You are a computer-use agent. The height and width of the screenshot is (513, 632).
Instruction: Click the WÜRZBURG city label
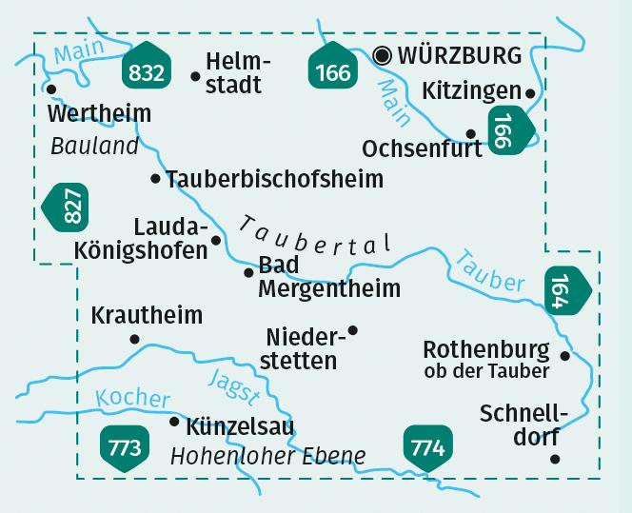[461, 55]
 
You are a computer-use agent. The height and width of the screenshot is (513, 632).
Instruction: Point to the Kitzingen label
[469, 90]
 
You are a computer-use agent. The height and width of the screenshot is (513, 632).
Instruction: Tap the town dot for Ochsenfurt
[470, 134]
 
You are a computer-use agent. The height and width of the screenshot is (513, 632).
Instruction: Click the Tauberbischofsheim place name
[274, 178]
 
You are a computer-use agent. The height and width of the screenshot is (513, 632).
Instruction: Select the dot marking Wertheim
[51, 89]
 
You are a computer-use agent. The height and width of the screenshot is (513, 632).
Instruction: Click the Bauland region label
[94, 147]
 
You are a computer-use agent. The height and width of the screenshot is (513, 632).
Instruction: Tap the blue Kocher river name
[132, 399]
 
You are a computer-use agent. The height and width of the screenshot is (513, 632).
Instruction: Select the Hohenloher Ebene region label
[267, 456]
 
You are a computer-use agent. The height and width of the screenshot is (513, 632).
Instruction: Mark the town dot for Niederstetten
[353, 330]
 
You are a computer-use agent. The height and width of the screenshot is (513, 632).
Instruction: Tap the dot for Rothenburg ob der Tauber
[565, 356]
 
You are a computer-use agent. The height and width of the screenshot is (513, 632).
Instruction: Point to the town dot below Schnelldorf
[555, 459]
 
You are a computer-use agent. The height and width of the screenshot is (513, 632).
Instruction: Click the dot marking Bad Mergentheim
[248, 272]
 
